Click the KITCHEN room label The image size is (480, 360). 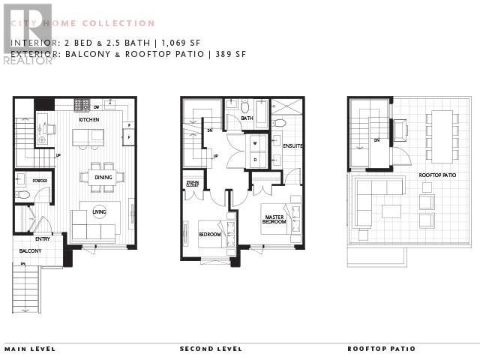click(90, 119)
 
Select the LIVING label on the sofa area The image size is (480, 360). click(99, 212)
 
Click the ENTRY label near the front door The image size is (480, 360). click(42, 238)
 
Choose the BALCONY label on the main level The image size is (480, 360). click(30, 250)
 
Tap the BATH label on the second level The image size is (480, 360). click(246, 118)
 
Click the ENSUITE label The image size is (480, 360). click(292, 146)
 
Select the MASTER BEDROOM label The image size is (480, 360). click(273, 220)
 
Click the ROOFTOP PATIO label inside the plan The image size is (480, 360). click(437, 175)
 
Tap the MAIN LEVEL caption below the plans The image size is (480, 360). click(30, 349)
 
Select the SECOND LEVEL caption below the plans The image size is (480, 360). click(211, 349)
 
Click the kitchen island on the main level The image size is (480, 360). click(88, 136)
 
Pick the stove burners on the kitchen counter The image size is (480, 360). click(82, 105)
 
